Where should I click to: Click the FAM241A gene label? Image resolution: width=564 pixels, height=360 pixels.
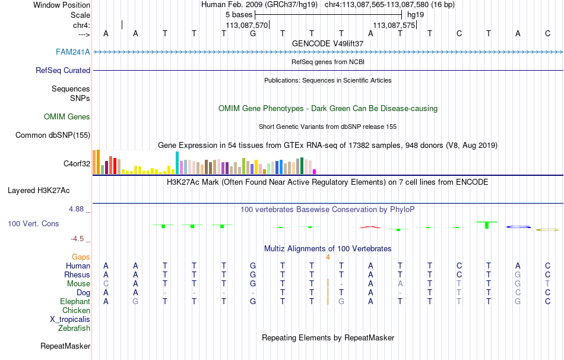(x=73, y=52)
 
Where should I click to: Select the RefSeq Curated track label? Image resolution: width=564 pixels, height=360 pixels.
(x=63, y=70)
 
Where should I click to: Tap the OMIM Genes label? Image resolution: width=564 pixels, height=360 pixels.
(x=67, y=117)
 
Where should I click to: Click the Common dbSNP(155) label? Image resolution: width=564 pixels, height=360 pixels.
(x=53, y=135)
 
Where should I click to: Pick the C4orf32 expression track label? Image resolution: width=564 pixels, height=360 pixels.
(x=77, y=163)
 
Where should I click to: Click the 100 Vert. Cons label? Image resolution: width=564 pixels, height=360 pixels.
(x=33, y=224)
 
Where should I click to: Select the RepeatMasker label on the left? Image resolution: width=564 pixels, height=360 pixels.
(x=65, y=346)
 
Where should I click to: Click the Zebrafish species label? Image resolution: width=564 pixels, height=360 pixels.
(x=74, y=328)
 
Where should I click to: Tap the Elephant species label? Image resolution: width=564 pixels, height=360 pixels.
(x=75, y=301)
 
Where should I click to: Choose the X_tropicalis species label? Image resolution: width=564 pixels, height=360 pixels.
(x=70, y=319)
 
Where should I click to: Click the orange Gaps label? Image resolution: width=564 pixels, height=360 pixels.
(x=81, y=257)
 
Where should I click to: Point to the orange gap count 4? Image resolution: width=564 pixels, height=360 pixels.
(x=328, y=257)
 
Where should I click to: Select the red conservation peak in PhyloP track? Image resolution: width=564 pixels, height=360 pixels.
(x=370, y=226)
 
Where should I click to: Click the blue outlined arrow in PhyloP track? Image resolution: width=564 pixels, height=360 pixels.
(x=518, y=226)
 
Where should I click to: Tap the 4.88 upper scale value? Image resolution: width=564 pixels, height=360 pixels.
(x=77, y=209)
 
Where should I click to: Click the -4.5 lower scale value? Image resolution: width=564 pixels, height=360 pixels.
(x=78, y=239)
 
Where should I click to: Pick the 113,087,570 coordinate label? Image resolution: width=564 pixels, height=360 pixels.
(x=247, y=25)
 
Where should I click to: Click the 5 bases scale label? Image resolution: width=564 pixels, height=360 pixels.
(x=239, y=14)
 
